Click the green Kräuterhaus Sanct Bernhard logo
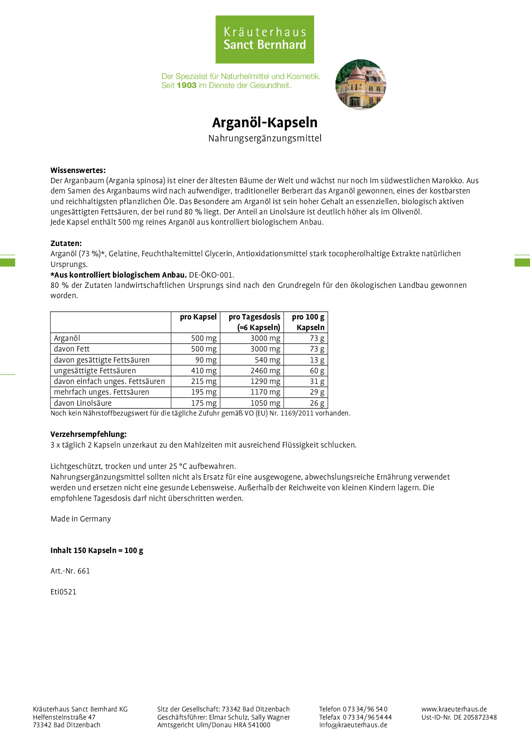pyautogui.click(x=265, y=39)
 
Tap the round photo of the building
pyautogui.click(x=361, y=84)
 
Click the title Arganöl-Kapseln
pyautogui.click(x=265, y=123)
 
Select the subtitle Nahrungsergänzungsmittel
pyautogui.click(x=265, y=138)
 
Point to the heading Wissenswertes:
pyautogui.click(x=78, y=170)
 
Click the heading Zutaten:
pyautogui.click(x=66, y=243)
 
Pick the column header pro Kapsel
pyautogui.click(x=198, y=317)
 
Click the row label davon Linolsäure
pyautogui.click(x=82, y=403)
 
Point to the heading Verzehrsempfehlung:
pyautogui.click(x=88, y=434)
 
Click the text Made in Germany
pyautogui.click(x=81, y=519)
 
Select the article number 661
pyautogui.click(x=84, y=571)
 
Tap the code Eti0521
pyautogui.click(x=63, y=592)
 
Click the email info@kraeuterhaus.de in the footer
pyautogui.click(x=353, y=725)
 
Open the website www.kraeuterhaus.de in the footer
pyautogui.click(x=454, y=709)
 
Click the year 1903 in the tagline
pyautogui.click(x=186, y=85)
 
